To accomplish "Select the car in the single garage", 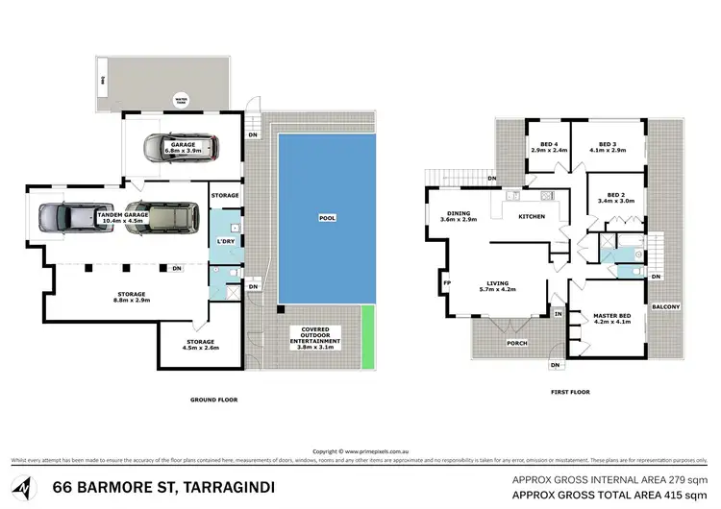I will pyautogui.click(x=180, y=148).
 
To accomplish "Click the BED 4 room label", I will pyautogui.click(x=548, y=147).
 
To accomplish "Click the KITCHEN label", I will pyautogui.click(x=532, y=217).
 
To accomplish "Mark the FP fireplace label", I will pyautogui.click(x=447, y=283).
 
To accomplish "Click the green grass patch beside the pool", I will pyautogui.click(x=367, y=336).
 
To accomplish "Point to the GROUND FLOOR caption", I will pyautogui.click(x=214, y=400).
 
